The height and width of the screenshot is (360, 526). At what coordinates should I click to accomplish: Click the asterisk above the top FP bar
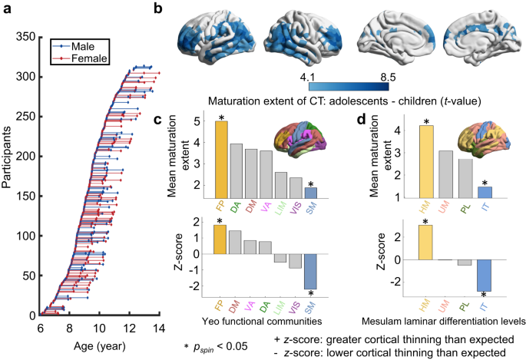(x=220, y=117)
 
